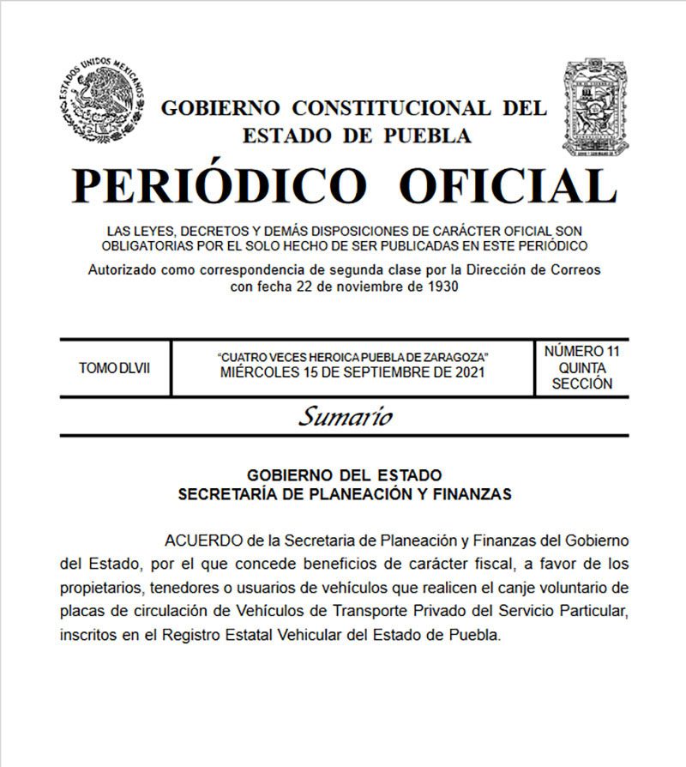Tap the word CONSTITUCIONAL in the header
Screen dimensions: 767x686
[x=391, y=108]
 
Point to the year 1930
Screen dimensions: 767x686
[x=440, y=287]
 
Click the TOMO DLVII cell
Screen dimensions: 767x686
[x=113, y=368]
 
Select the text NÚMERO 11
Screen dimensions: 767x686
[x=581, y=351]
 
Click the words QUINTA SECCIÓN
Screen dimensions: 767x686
[x=581, y=376]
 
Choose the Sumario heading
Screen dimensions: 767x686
[x=345, y=417]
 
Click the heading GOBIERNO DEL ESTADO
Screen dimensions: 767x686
[x=344, y=474]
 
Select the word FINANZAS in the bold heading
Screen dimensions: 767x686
[x=471, y=493]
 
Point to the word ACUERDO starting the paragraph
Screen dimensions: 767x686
[x=202, y=541]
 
